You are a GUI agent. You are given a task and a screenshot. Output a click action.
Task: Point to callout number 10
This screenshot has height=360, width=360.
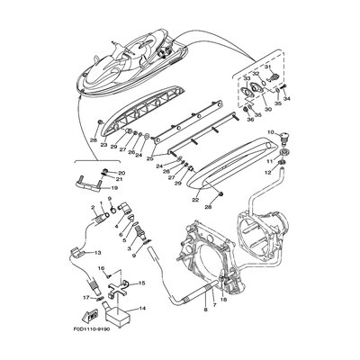(x=269, y=132)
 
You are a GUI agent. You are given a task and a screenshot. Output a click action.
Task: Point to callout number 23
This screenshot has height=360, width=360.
(x=104, y=144)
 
